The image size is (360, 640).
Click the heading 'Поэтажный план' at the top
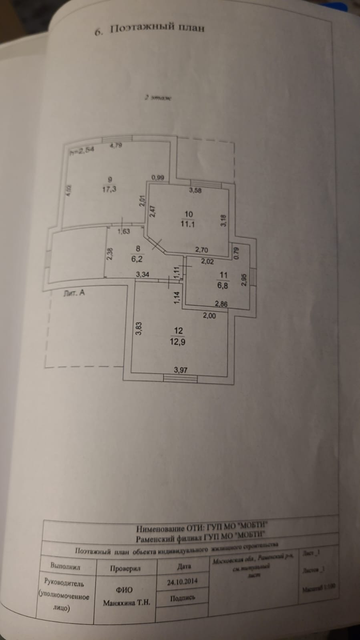point(157,28)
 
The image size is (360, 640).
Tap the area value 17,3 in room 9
point(109,189)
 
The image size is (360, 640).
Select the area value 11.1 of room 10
point(187,224)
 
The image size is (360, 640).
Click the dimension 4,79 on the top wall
point(116,146)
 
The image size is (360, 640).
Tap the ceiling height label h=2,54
point(82,151)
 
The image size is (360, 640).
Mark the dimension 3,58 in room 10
point(195,191)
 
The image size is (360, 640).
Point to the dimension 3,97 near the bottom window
point(181,370)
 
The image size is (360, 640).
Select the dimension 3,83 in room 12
point(138,328)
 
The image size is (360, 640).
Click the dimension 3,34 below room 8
point(143,275)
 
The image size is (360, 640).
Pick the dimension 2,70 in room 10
point(201,250)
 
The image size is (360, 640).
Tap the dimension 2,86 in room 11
point(221,304)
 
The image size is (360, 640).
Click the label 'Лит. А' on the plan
point(74,293)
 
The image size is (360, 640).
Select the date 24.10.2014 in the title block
point(182,582)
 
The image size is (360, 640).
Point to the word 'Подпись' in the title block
point(183,598)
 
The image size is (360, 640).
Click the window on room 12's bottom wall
point(181,378)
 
